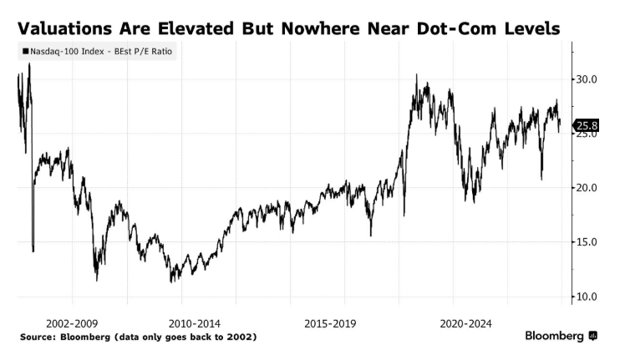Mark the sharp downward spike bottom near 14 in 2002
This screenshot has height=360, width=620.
pyautogui.click(x=33, y=250)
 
